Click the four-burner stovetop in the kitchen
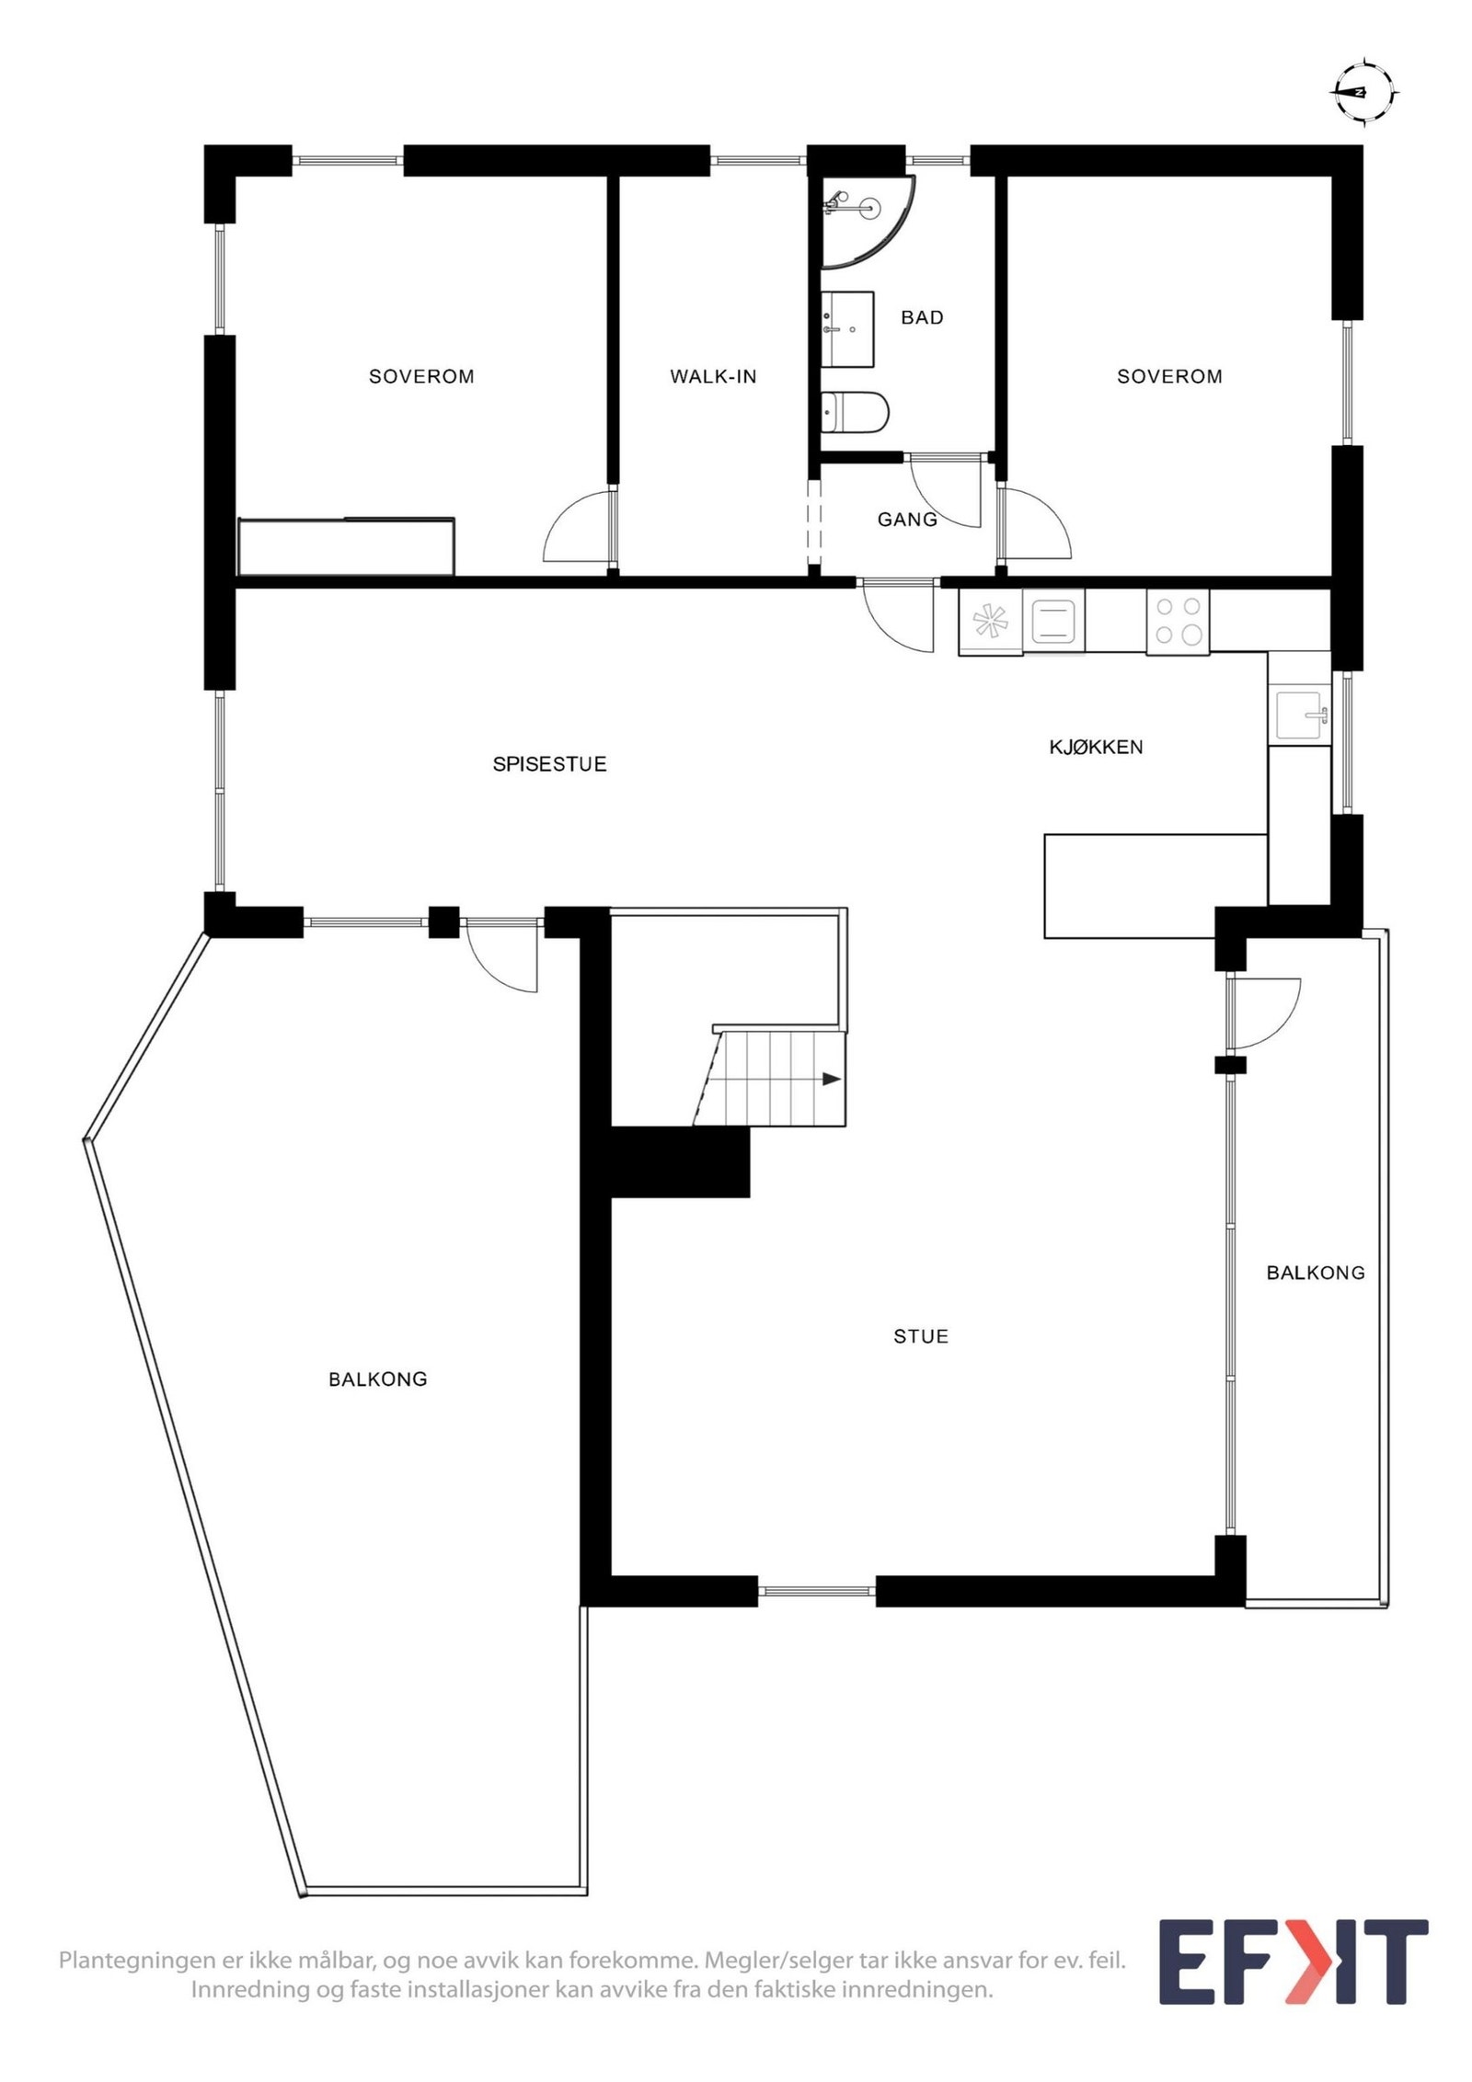(1177, 621)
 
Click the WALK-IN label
(713, 376)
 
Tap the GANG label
(907, 520)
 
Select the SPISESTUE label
(549, 764)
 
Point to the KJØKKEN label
(1096, 747)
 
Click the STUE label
(920, 1336)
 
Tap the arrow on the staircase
(831, 1079)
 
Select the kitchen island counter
(1155, 886)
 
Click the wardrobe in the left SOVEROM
(346, 546)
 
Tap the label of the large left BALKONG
(377, 1378)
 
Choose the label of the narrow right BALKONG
(1315, 1273)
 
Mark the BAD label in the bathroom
(922, 317)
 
